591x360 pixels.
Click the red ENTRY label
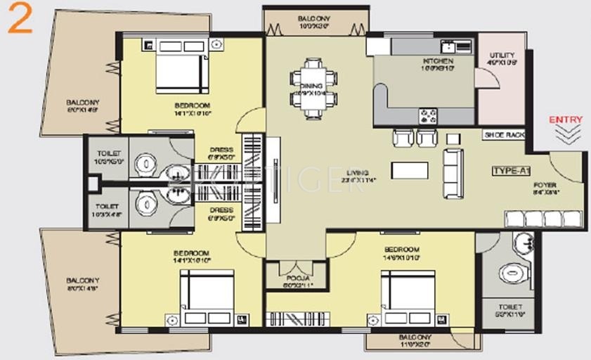tap(565, 120)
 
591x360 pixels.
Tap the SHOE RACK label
tap(504, 134)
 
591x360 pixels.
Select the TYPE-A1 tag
tap(512, 171)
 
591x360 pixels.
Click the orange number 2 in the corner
tap(20, 22)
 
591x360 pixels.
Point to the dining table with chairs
tap(313, 88)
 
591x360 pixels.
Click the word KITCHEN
tap(437, 61)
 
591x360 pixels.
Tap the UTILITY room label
tap(502, 55)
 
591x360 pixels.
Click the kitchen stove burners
tap(428, 115)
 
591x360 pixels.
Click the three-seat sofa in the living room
tap(453, 173)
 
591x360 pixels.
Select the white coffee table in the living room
tap(410, 170)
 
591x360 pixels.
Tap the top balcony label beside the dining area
tap(313, 19)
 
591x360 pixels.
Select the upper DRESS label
tap(221, 150)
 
